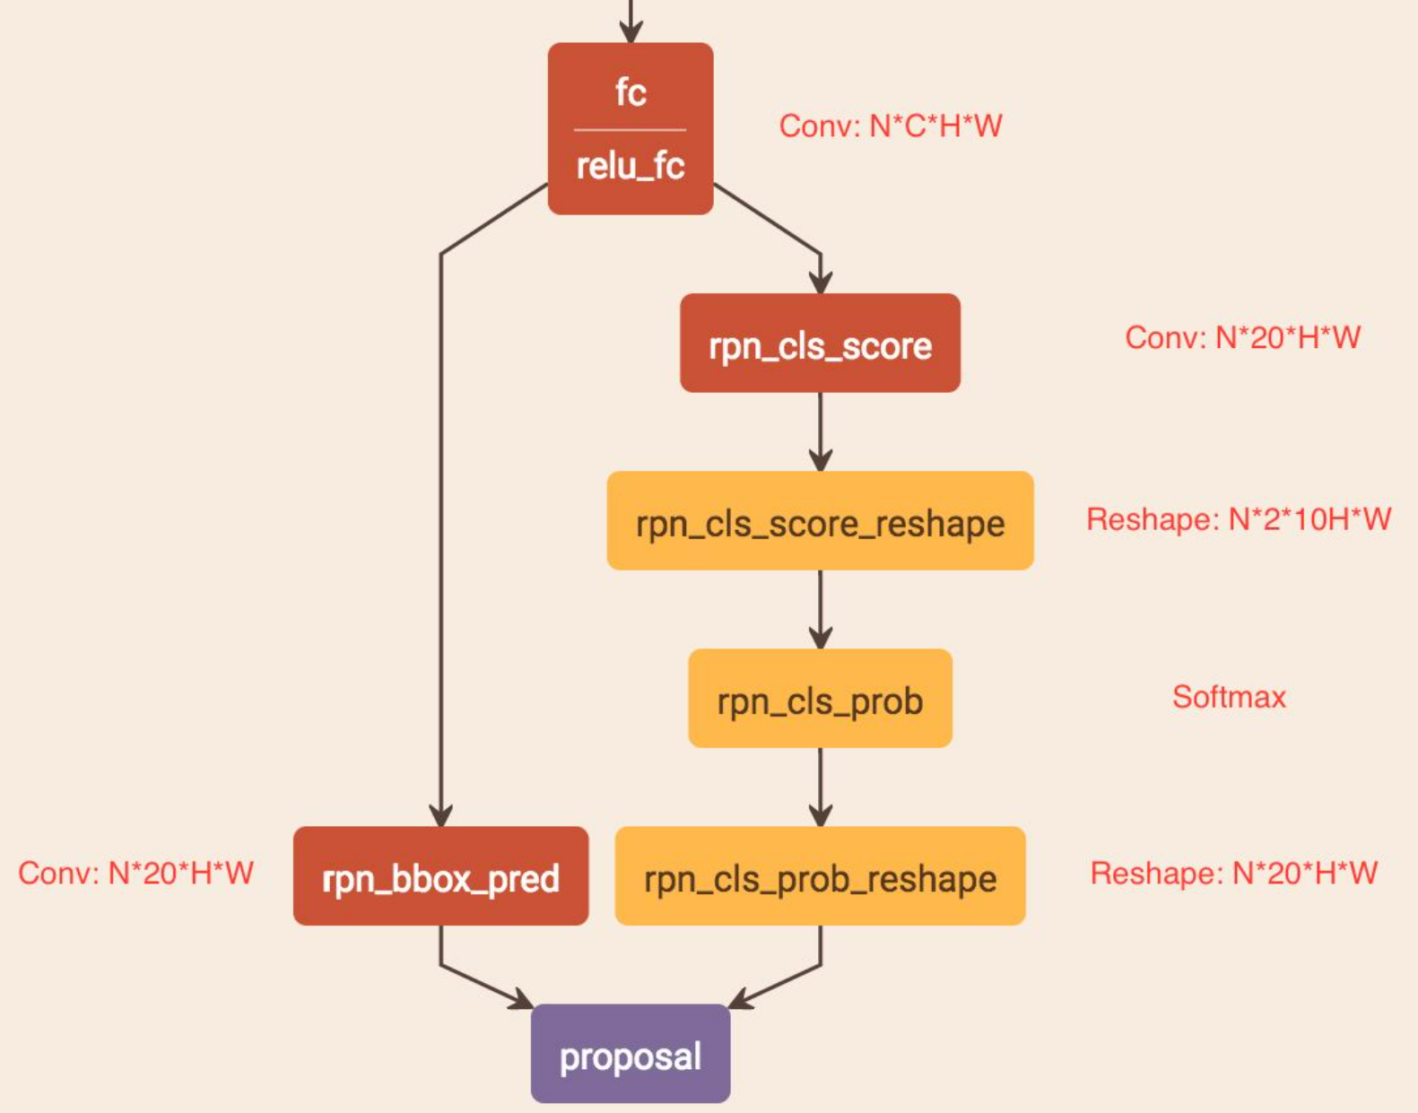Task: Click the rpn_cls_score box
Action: (x=820, y=343)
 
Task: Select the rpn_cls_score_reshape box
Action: (x=820, y=521)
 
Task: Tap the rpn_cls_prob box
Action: (x=820, y=699)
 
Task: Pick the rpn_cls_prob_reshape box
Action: (x=820, y=876)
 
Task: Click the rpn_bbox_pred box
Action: (x=440, y=876)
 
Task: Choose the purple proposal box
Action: (x=631, y=1054)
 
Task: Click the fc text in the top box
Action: (x=631, y=91)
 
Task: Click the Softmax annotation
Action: (x=1229, y=697)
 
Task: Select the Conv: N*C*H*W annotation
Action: (x=890, y=126)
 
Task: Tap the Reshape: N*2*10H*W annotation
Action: (x=1238, y=519)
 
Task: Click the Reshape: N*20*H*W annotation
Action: (x=1233, y=873)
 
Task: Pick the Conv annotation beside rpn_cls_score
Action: (x=1242, y=337)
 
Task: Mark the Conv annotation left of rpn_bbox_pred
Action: (x=135, y=873)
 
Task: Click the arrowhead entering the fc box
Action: (x=631, y=32)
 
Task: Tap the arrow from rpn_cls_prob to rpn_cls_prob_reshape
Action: (x=820, y=787)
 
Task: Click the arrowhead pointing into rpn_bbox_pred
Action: (x=440, y=814)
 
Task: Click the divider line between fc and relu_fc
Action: (x=631, y=130)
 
